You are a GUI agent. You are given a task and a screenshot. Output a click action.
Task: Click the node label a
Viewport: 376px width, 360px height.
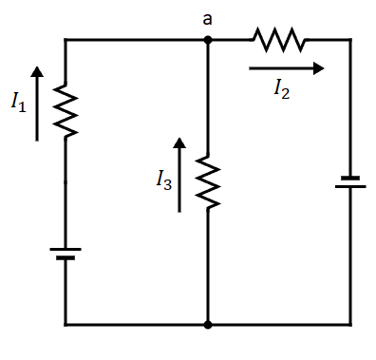pyautogui.click(x=207, y=18)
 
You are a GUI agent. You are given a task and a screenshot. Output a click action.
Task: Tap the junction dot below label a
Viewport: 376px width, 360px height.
pyautogui.click(x=207, y=40)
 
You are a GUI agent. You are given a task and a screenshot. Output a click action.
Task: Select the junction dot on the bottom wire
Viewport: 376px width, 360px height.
pyautogui.click(x=207, y=324)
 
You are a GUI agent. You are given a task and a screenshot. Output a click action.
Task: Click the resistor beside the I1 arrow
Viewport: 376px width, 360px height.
pyautogui.click(x=66, y=109)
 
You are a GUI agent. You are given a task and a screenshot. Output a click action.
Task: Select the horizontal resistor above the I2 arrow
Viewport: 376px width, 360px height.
pyautogui.click(x=278, y=40)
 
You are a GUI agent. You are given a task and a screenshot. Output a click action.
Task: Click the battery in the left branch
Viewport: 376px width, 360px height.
pyautogui.click(x=66, y=254)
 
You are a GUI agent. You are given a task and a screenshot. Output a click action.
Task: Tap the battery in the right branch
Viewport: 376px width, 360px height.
pyautogui.click(x=350, y=181)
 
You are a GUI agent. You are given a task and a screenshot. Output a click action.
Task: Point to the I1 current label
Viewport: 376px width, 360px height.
pyautogui.click(x=18, y=103)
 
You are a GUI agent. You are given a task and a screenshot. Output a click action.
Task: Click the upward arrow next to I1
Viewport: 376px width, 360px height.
pyautogui.click(x=37, y=104)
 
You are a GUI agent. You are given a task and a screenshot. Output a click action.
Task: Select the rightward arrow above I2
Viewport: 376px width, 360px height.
pyautogui.click(x=286, y=68)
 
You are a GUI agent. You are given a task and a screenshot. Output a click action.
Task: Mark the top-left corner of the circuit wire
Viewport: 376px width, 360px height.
pyautogui.click(x=66, y=40)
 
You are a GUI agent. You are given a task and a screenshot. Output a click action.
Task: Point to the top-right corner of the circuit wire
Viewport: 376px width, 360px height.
pyautogui.click(x=350, y=40)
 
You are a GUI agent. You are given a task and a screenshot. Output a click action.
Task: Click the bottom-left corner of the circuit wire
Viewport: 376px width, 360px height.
pyautogui.click(x=66, y=324)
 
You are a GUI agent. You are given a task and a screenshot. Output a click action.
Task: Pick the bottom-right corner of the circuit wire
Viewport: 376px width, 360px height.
pyautogui.click(x=350, y=324)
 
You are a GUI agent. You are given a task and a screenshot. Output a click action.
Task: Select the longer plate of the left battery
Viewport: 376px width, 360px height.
pyautogui.click(x=66, y=249)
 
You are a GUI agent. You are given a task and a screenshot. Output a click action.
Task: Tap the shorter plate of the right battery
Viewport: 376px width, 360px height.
pyautogui.click(x=350, y=176)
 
